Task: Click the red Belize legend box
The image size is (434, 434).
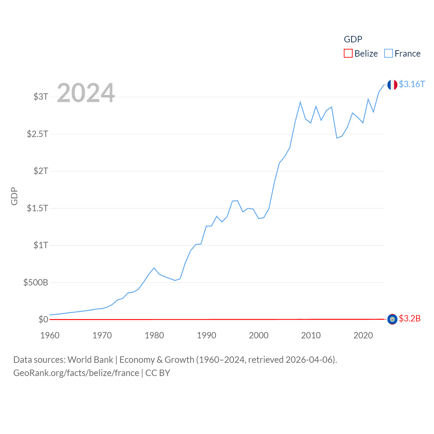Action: click(348, 54)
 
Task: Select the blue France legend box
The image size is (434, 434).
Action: click(389, 54)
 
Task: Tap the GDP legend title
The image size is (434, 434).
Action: click(353, 39)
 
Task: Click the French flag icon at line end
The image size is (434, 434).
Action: click(392, 85)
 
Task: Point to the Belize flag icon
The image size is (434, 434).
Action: click(392, 319)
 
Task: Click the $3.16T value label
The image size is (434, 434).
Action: click(412, 84)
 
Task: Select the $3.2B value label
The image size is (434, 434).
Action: click(410, 319)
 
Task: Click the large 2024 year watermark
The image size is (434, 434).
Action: click(86, 93)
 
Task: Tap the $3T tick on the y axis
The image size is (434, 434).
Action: click(41, 97)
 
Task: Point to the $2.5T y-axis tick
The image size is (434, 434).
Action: click(37, 134)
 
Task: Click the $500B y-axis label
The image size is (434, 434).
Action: click(36, 282)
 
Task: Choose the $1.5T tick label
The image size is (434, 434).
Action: click(37, 208)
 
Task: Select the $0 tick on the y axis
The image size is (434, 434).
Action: click(43, 319)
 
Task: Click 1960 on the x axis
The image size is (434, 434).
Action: click(50, 335)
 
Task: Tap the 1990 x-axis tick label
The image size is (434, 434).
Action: click(206, 335)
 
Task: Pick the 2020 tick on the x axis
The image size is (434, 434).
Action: click(363, 335)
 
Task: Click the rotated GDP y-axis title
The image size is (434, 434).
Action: click(14, 196)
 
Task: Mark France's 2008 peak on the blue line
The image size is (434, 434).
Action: click(300, 102)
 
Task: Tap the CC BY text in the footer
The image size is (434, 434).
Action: click(158, 373)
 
